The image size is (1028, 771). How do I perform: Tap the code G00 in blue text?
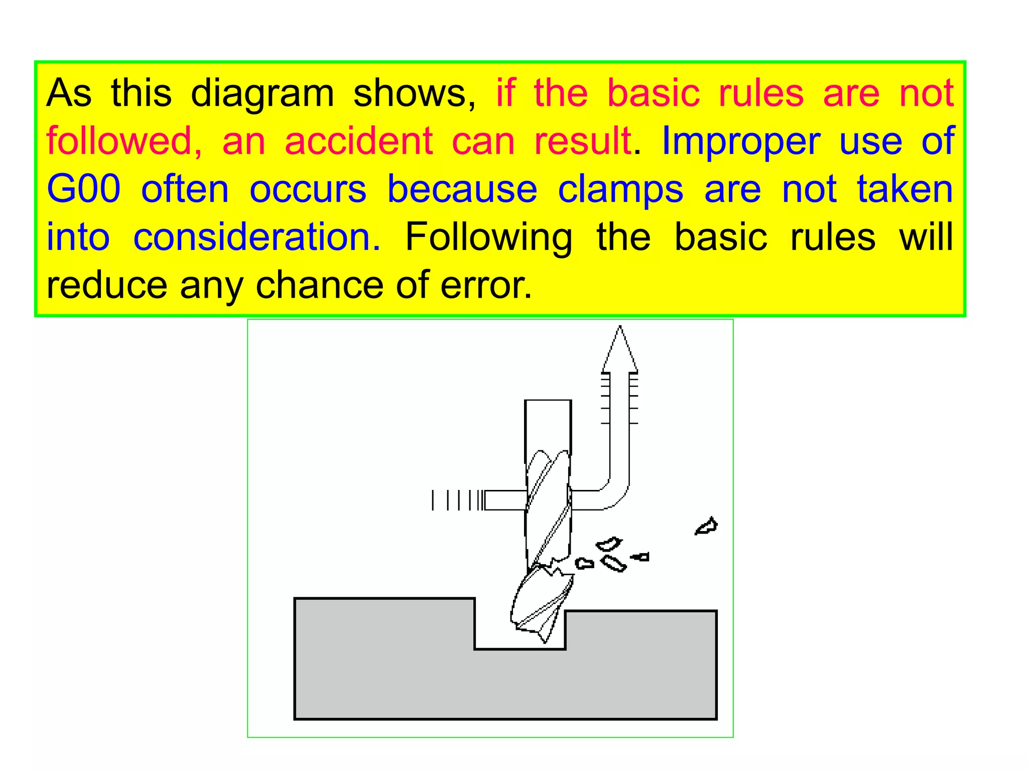tap(83, 190)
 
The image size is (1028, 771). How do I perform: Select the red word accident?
tap(358, 142)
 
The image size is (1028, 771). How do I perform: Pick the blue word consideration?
tap(256, 237)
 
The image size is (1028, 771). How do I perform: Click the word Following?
tap(488, 238)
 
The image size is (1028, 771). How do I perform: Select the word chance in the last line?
tap(320, 285)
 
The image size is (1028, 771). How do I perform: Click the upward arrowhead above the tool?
tap(620, 349)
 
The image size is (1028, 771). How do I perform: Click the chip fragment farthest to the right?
tap(707, 526)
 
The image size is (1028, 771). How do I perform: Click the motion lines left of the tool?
tap(457, 500)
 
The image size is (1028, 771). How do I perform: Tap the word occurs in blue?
tap(308, 190)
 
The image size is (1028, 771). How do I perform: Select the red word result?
tap(582, 142)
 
